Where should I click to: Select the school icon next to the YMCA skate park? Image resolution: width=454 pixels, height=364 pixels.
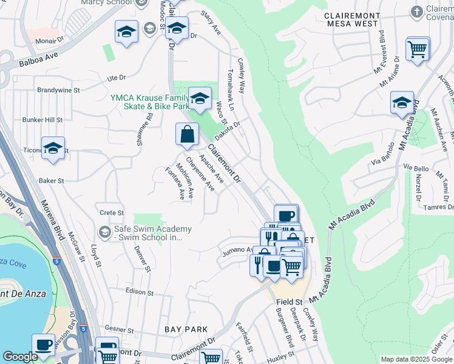point(200,98)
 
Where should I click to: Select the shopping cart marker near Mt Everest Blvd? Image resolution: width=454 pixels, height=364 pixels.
point(417,49)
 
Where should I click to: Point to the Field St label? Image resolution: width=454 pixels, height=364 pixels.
point(290,302)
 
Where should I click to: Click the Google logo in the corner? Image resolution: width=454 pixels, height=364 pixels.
point(19,357)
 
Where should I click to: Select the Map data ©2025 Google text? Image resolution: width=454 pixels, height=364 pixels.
point(416,359)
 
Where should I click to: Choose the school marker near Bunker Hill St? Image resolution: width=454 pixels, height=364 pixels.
point(53,148)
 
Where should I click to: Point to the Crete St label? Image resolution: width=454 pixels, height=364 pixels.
point(112,213)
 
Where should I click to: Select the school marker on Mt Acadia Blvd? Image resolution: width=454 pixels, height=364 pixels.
point(402,104)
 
